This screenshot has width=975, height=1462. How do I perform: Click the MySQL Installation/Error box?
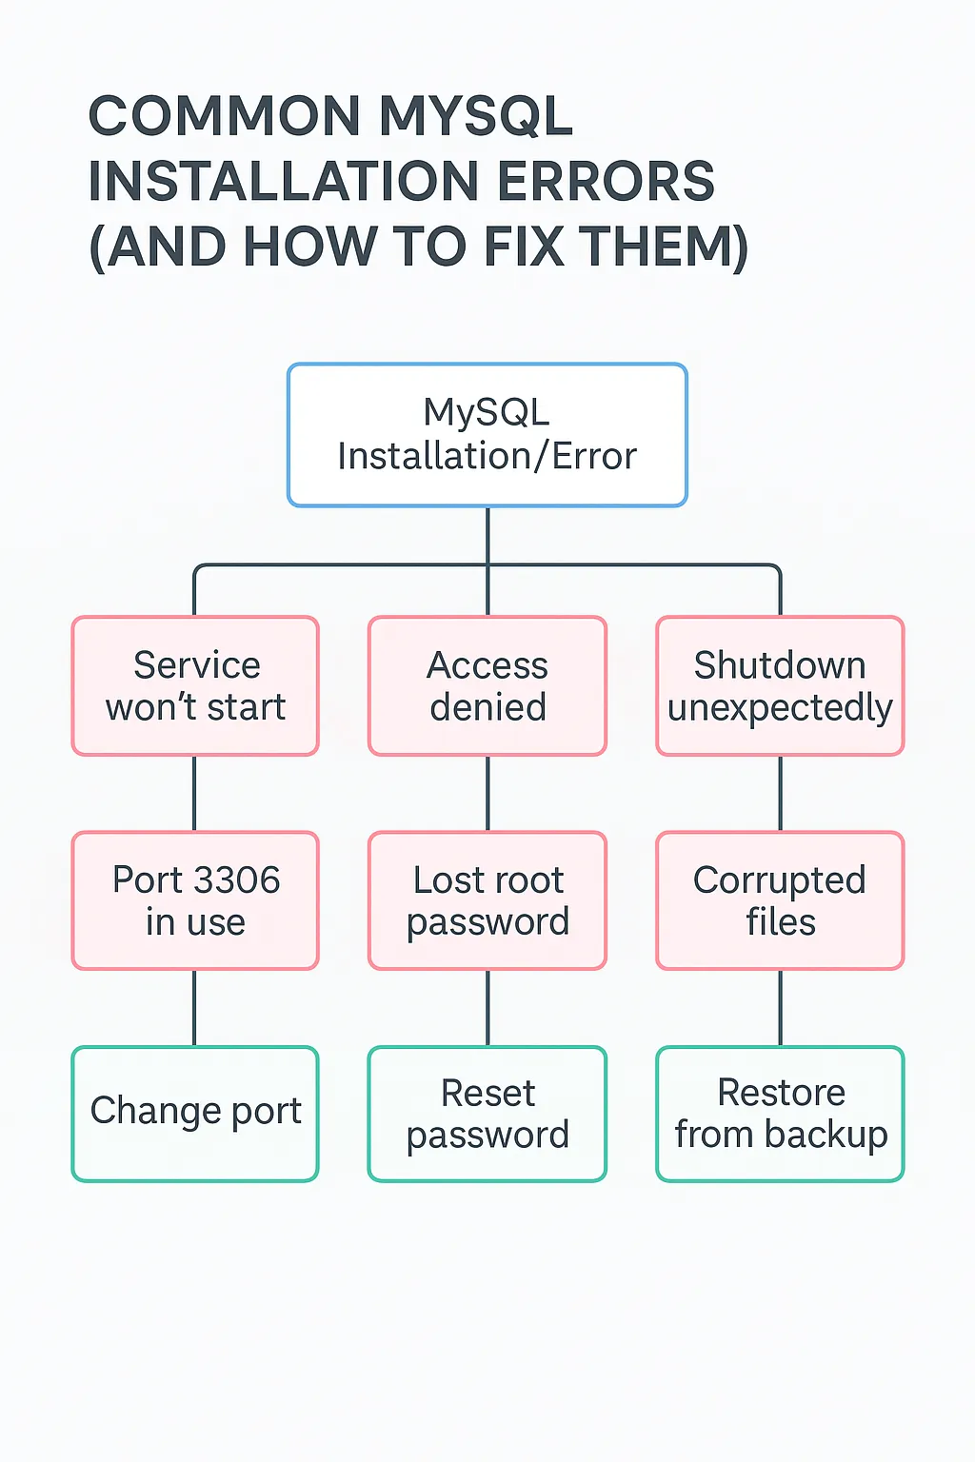click(x=487, y=435)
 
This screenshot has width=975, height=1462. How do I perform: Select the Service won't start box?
click(x=195, y=686)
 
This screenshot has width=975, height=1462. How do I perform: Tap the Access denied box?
click(x=487, y=686)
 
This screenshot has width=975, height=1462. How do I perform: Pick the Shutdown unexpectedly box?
click(x=780, y=686)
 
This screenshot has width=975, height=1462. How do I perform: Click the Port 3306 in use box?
click(x=195, y=900)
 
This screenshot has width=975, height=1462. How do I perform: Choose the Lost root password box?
click(x=487, y=900)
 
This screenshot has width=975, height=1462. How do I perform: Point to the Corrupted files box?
click(x=780, y=900)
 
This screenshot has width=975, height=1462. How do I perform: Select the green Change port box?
click(x=195, y=1114)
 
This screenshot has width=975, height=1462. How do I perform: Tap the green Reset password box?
click(x=487, y=1114)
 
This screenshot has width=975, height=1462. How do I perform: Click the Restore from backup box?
click(x=780, y=1114)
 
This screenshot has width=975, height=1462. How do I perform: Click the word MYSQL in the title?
click(x=476, y=116)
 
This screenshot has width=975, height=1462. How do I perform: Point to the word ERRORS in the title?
click(x=606, y=182)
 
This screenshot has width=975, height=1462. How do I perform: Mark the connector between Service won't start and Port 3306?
click(x=195, y=794)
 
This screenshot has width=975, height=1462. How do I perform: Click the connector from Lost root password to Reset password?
click(x=487, y=1008)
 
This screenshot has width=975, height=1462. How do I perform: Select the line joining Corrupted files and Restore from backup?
click(x=781, y=1008)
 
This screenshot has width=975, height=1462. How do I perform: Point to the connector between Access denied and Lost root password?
click(x=487, y=794)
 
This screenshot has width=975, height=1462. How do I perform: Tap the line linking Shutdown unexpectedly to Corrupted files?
click(x=781, y=794)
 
